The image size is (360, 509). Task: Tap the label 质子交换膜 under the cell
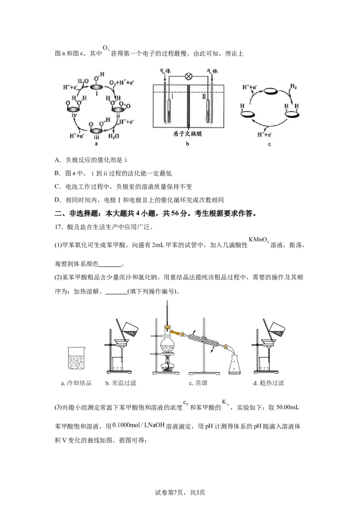tap(188, 134)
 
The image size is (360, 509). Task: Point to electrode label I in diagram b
tap(172, 96)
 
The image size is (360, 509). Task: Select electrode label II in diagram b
tap(204, 96)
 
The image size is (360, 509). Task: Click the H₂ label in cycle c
tap(293, 87)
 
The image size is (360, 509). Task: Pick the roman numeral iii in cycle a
tap(96, 137)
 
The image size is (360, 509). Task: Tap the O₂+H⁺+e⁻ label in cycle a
tap(122, 82)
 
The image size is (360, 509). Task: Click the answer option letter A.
tap(58, 160)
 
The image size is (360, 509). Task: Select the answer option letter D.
tap(58, 200)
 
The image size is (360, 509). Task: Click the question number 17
tap(58, 227)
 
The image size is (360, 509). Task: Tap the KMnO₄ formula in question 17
tap(259, 240)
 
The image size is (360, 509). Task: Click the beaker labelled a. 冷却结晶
tap(76, 358)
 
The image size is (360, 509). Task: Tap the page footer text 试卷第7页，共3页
tap(180, 493)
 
